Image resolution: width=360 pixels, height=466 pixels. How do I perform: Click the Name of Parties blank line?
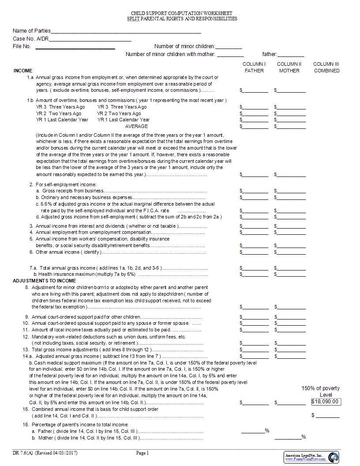(x=126, y=32)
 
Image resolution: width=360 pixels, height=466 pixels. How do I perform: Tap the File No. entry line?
(x=75, y=47)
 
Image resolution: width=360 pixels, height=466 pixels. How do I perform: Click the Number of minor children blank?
(x=229, y=47)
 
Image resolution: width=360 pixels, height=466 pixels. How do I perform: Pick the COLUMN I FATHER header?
(x=254, y=67)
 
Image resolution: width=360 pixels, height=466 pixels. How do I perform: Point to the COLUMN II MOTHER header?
(x=289, y=67)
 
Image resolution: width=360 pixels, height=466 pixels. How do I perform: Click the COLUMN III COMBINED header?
(x=326, y=67)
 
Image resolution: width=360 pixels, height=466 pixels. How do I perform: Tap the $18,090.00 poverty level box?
(x=326, y=402)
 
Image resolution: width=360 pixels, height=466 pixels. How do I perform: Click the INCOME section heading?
(x=23, y=71)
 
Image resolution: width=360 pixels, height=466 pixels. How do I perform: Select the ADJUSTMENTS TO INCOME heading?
(x=44, y=281)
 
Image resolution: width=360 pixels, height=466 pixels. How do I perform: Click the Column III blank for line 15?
(x=328, y=416)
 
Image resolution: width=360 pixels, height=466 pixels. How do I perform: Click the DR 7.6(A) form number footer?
(x=41, y=453)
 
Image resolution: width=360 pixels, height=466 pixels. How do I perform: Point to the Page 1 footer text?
(x=142, y=453)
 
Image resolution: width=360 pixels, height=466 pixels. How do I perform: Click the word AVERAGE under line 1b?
(x=136, y=126)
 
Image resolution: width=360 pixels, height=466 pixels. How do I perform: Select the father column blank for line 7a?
(x=255, y=268)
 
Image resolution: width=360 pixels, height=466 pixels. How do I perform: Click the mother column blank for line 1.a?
(x=291, y=90)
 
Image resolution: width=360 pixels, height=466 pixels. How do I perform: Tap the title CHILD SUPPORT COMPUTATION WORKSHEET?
(x=182, y=14)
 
